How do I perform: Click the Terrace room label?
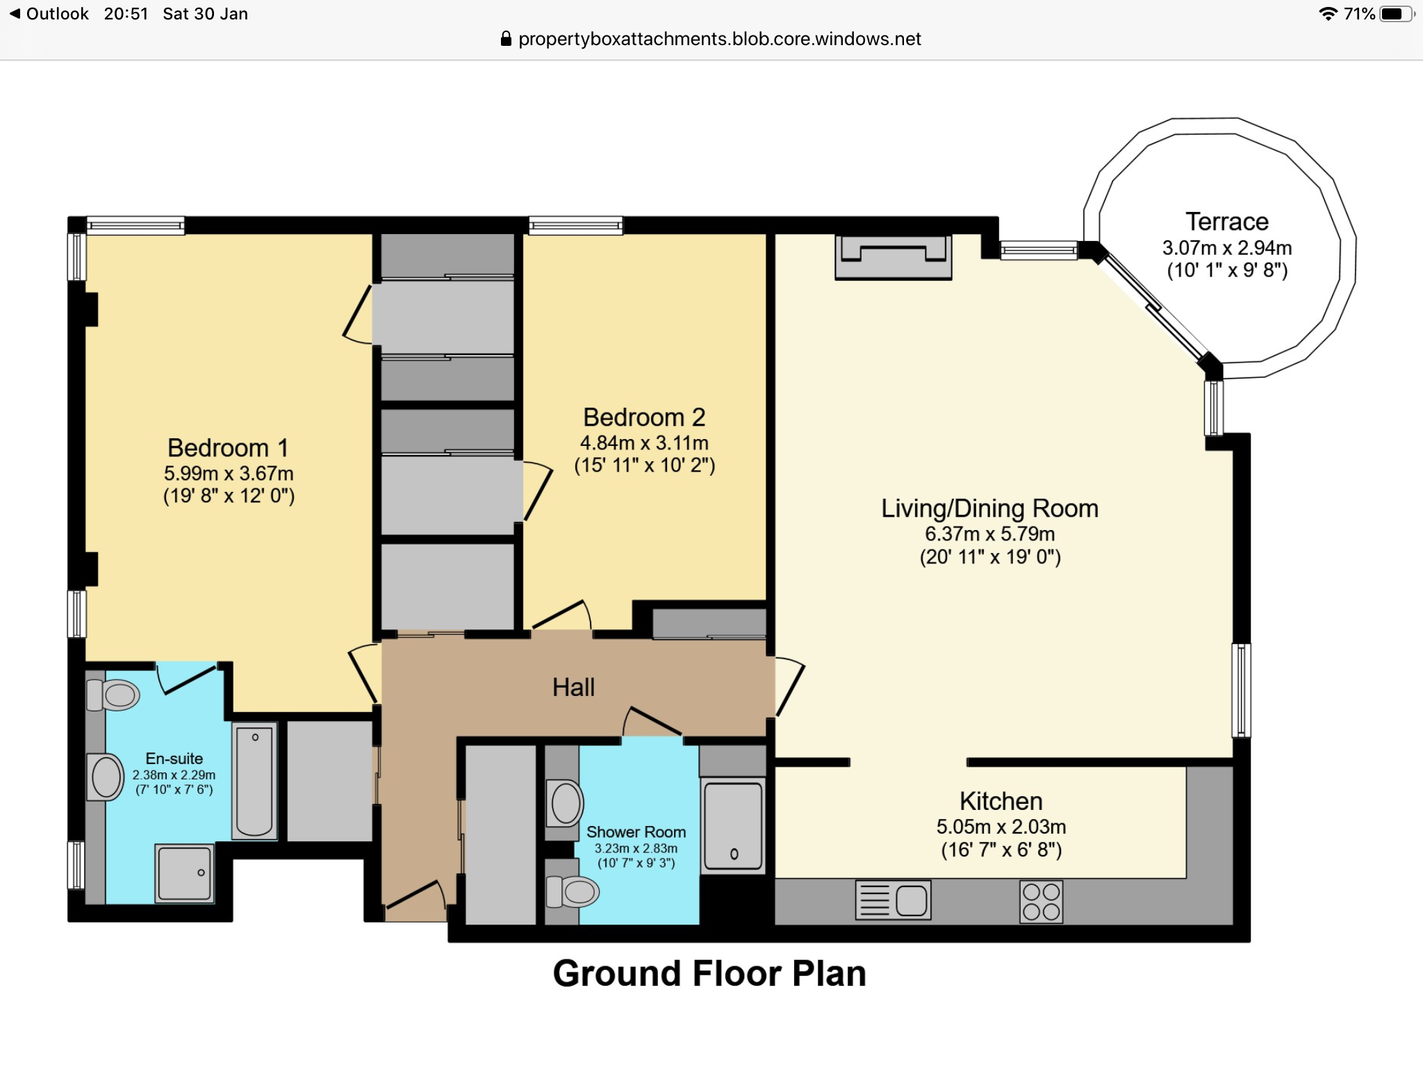pyautogui.click(x=1227, y=222)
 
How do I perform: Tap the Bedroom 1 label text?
pyautogui.click(x=228, y=448)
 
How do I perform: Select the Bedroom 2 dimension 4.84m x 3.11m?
pyautogui.click(x=644, y=443)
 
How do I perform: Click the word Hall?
pyautogui.click(x=573, y=687)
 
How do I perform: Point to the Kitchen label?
pyautogui.click(x=1001, y=801)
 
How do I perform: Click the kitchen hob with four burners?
pyautogui.click(x=1041, y=901)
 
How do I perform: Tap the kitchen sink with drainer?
pyautogui.click(x=893, y=900)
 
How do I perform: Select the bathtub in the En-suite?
pyautogui.click(x=254, y=781)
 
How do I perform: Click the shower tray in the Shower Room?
pyautogui.click(x=733, y=825)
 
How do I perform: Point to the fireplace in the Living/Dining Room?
pyautogui.click(x=893, y=257)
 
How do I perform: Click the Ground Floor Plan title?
pyautogui.click(x=709, y=973)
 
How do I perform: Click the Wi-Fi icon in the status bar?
pyautogui.click(x=1328, y=14)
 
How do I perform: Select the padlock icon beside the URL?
pyautogui.click(x=506, y=39)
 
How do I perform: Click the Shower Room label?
pyautogui.click(x=636, y=832)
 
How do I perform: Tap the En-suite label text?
pyautogui.click(x=174, y=759)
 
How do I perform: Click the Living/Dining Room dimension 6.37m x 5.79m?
pyautogui.click(x=989, y=534)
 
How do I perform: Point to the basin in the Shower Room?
pyautogui.click(x=566, y=803)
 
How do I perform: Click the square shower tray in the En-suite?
pyautogui.click(x=184, y=873)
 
